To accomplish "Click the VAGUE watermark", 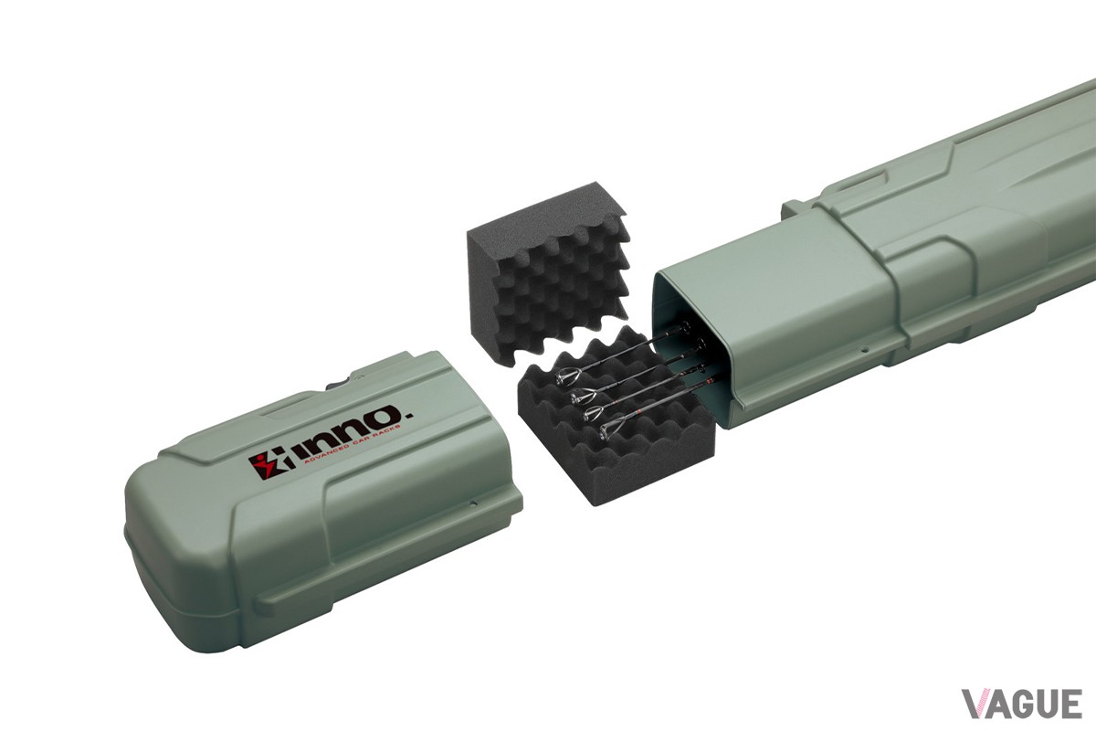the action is (1022, 704).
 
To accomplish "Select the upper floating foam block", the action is (549, 268).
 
